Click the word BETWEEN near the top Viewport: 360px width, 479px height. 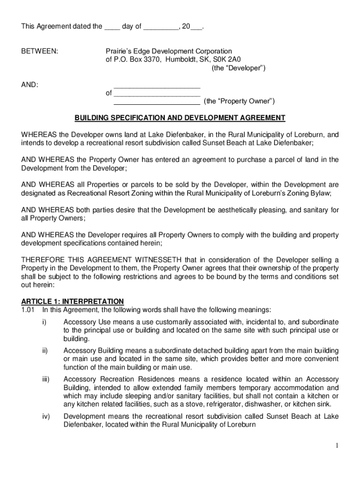[x=40, y=51]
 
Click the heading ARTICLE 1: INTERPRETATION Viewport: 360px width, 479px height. [x=72, y=301]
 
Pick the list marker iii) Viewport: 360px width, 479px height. [x=45, y=379]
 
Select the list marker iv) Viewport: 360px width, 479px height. [x=45, y=416]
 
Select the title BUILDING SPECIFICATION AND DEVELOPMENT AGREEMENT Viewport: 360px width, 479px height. [x=180, y=118]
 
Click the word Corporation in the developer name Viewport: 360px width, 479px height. [x=212, y=51]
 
